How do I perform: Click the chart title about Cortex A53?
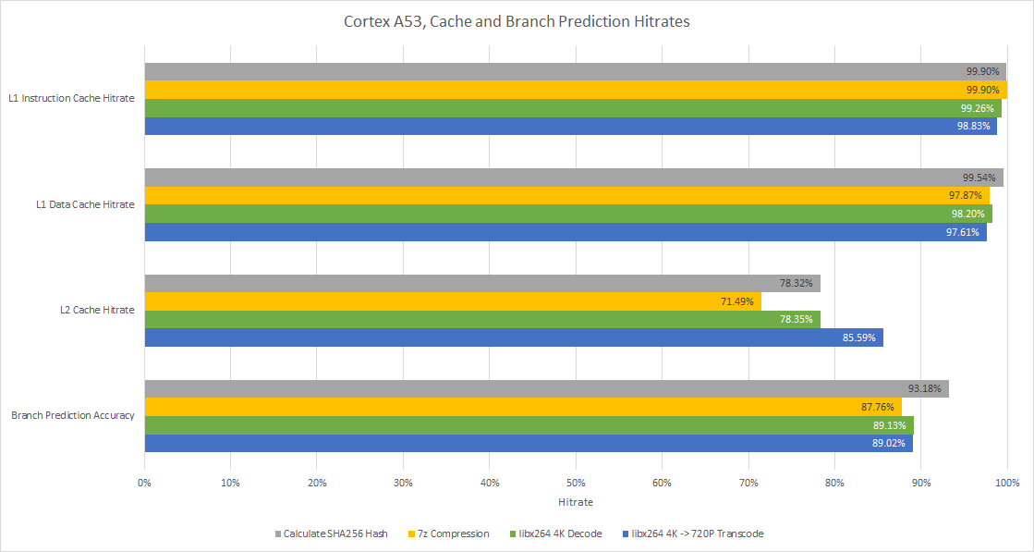(x=517, y=22)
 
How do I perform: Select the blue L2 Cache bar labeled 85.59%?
(x=513, y=338)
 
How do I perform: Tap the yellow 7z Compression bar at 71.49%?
(x=453, y=301)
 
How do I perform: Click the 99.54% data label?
(x=979, y=178)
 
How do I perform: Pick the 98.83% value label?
(x=974, y=126)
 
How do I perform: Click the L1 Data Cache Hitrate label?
(x=85, y=204)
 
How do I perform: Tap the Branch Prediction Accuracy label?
(x=73, y=415)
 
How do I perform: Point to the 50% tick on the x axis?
(x=576, y=483)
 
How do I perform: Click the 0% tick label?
(x=144, y=483)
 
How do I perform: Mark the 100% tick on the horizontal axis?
(x=1006, y=483)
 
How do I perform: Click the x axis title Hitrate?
(x=576, y=502)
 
